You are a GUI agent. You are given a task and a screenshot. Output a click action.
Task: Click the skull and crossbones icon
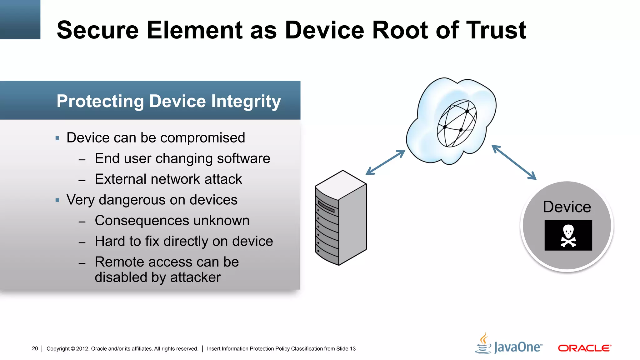pos(568,236)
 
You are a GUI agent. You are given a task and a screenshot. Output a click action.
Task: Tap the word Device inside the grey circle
pos(567,207)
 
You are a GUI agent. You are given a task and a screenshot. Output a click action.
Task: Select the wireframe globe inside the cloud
pos(457,123)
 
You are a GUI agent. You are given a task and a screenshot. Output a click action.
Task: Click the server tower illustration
pos(341,218)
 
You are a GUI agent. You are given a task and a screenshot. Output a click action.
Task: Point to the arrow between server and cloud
pos(385,162)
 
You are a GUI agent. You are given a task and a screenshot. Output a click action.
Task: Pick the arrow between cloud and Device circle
pos(514,162)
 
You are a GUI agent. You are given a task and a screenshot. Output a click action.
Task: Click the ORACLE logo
pos(584,348)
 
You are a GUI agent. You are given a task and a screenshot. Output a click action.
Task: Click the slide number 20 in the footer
pos(35,348)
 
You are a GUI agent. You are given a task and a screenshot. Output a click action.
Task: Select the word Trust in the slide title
pos(496,30)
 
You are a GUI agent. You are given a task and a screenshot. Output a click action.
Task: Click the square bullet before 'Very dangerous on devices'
pos(57,200)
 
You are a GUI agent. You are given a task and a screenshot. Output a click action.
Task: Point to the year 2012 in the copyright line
pos(82,349)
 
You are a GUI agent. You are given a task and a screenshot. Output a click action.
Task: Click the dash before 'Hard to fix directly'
pos(82,242)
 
